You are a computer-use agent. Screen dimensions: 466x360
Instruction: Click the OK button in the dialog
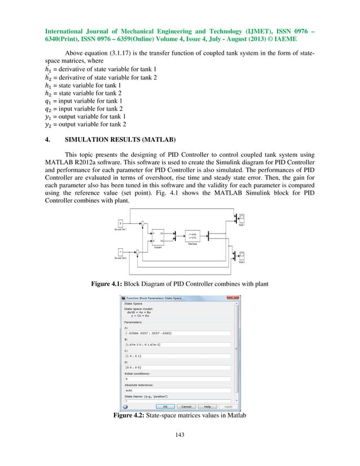click(x=165, y=406)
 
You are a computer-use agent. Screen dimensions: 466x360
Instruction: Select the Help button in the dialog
click(x=207, y=406)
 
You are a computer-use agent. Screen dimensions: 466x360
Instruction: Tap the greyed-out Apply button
click(x=228, y=406)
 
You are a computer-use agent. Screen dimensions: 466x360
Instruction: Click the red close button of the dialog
click(x=235, y=297)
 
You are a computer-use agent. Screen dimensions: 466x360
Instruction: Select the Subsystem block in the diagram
click(x=159, y=239)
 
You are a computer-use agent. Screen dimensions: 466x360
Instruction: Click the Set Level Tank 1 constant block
click(x=120, y=223)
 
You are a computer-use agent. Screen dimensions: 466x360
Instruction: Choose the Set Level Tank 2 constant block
click(x=120, y=252)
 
